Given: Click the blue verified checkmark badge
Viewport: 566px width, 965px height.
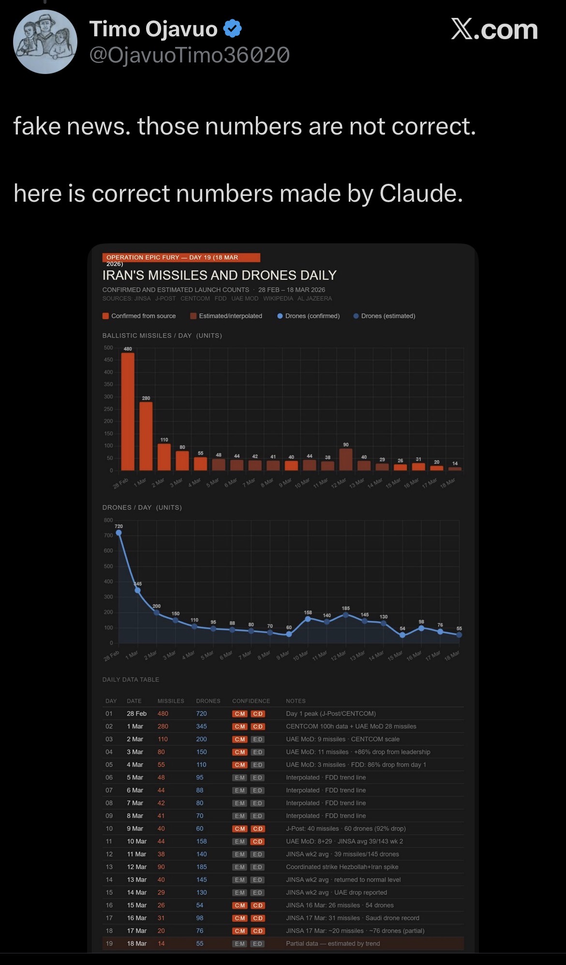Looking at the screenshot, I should tap(233, 29).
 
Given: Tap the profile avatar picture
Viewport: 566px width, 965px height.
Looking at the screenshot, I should tap(45, 42).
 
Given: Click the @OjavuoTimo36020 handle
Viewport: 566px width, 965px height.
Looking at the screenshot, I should tap(189, 55).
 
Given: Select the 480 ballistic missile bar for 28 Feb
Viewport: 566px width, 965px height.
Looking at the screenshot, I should tap(128, 411).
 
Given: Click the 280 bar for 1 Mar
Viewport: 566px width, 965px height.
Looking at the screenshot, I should tap(146, 436).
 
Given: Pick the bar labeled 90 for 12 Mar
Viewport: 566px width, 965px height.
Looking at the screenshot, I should tap(345, 460).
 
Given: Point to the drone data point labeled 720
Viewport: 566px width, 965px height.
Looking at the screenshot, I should tap(119, 533).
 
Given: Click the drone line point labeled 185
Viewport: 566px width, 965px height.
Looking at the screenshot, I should tap(345, 615).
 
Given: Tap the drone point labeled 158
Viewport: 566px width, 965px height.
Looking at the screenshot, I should tap(308, 619).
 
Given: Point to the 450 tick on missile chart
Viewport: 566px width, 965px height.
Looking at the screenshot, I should tap(108, 360).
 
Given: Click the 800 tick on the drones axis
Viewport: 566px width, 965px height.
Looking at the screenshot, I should tap(108, 520).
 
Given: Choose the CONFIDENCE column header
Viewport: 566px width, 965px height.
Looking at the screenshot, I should tap(251, 701).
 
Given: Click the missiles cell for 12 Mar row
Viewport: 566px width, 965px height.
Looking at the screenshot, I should tap(161, 867).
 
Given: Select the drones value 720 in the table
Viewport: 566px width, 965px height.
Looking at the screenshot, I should tap(201, 713).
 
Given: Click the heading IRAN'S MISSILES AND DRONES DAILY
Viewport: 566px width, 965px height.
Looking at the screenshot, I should tap(219, 275).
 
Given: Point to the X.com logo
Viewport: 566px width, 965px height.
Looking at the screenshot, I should tap(494, 30).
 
